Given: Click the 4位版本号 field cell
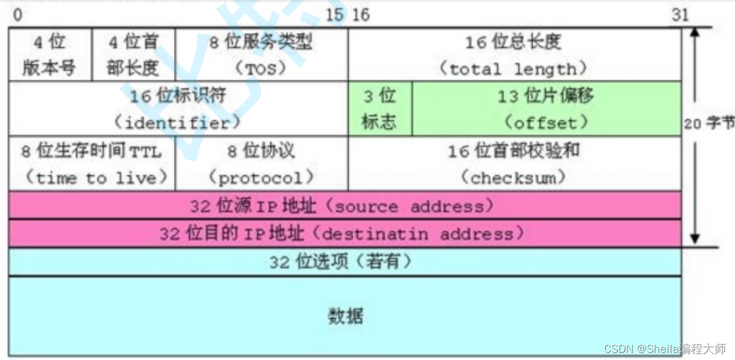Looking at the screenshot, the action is pos(50,54).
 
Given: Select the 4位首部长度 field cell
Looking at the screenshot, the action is pos(133,54).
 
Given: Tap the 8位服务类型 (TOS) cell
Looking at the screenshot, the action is pos(261,54).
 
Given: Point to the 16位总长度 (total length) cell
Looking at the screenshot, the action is pos(514,54).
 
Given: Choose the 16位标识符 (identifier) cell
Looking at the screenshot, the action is pos(178,109).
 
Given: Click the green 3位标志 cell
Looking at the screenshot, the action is pos(379,109).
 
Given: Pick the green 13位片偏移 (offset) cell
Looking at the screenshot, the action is pos(546,109).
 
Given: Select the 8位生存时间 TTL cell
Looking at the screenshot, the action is pos(92,163).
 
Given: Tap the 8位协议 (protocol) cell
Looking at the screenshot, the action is pos(261,163).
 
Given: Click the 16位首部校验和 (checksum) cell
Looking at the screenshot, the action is pos(514,163).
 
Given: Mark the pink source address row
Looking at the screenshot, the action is pos(344,206).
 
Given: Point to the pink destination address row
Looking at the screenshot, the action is pos(344,234).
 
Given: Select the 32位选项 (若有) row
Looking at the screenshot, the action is pos(344,261).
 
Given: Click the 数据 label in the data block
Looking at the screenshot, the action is pos(345,316).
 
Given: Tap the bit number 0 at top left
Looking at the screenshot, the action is pos(17,15).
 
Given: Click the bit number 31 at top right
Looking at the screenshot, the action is pos(680,15).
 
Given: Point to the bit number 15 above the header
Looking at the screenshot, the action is pos(334,15).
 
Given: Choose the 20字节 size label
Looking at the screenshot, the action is pos(709,124).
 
